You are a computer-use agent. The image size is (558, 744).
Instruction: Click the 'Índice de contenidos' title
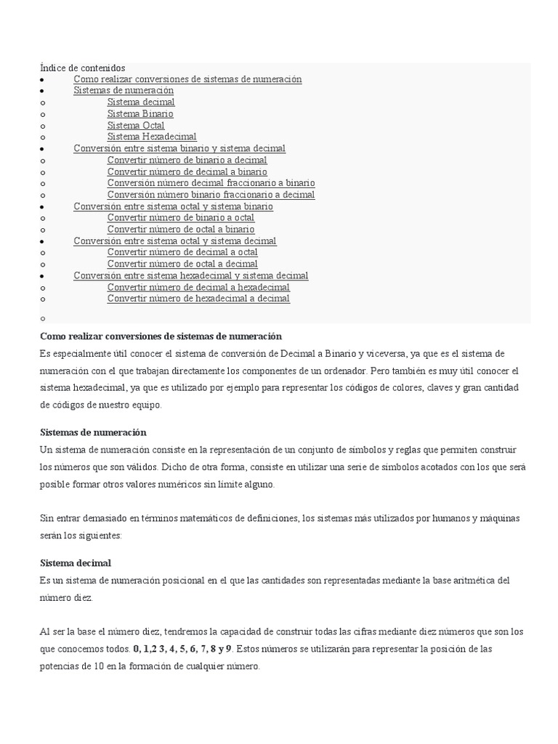(83, 68)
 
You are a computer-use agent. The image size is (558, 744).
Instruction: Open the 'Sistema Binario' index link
(140, 114)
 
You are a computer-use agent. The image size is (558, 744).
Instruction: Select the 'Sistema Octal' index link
(136, 125)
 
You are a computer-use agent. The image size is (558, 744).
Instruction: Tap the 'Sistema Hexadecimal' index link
(152, 137)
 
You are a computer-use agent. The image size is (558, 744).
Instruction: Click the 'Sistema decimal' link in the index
(141, 102)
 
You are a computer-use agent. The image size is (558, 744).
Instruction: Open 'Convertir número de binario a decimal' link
(187, 160)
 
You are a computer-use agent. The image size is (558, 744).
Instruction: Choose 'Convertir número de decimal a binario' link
(187, 171)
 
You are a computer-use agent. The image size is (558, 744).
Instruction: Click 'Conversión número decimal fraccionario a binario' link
(211, 183)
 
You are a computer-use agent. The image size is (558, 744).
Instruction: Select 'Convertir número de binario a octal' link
(180, 217)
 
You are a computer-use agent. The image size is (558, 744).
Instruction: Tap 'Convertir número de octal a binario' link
(180, 229)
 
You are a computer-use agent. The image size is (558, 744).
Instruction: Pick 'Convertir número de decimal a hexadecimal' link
(198, 287)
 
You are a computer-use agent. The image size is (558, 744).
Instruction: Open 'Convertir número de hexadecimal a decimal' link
(198, 299)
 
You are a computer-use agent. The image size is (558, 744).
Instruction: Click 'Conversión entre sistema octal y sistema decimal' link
(174, 240)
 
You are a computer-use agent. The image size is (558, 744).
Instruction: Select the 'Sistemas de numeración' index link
(124, 91)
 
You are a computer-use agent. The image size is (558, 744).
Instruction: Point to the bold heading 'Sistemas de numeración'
(93, 432)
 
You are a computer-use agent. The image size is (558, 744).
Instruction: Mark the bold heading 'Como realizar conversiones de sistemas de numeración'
(161, 336)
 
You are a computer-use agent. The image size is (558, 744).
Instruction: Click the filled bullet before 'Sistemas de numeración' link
(43, 91)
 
